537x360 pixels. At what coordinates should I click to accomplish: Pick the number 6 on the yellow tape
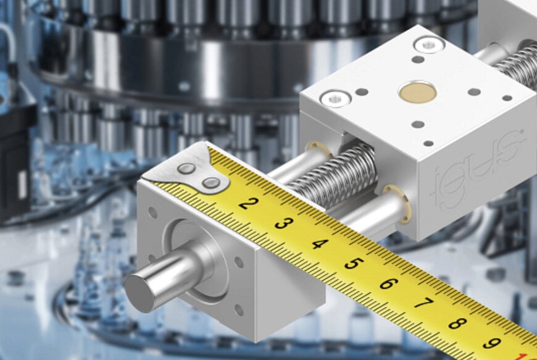pos(388,284)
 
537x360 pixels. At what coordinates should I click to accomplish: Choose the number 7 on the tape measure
pos(422,304)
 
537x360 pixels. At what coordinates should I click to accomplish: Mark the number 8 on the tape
pos(457,323)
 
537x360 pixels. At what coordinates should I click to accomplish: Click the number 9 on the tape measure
pos(491,342)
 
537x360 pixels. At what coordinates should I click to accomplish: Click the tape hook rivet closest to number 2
pos(210,183)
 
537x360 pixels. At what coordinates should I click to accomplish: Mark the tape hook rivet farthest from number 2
pos(186,168)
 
